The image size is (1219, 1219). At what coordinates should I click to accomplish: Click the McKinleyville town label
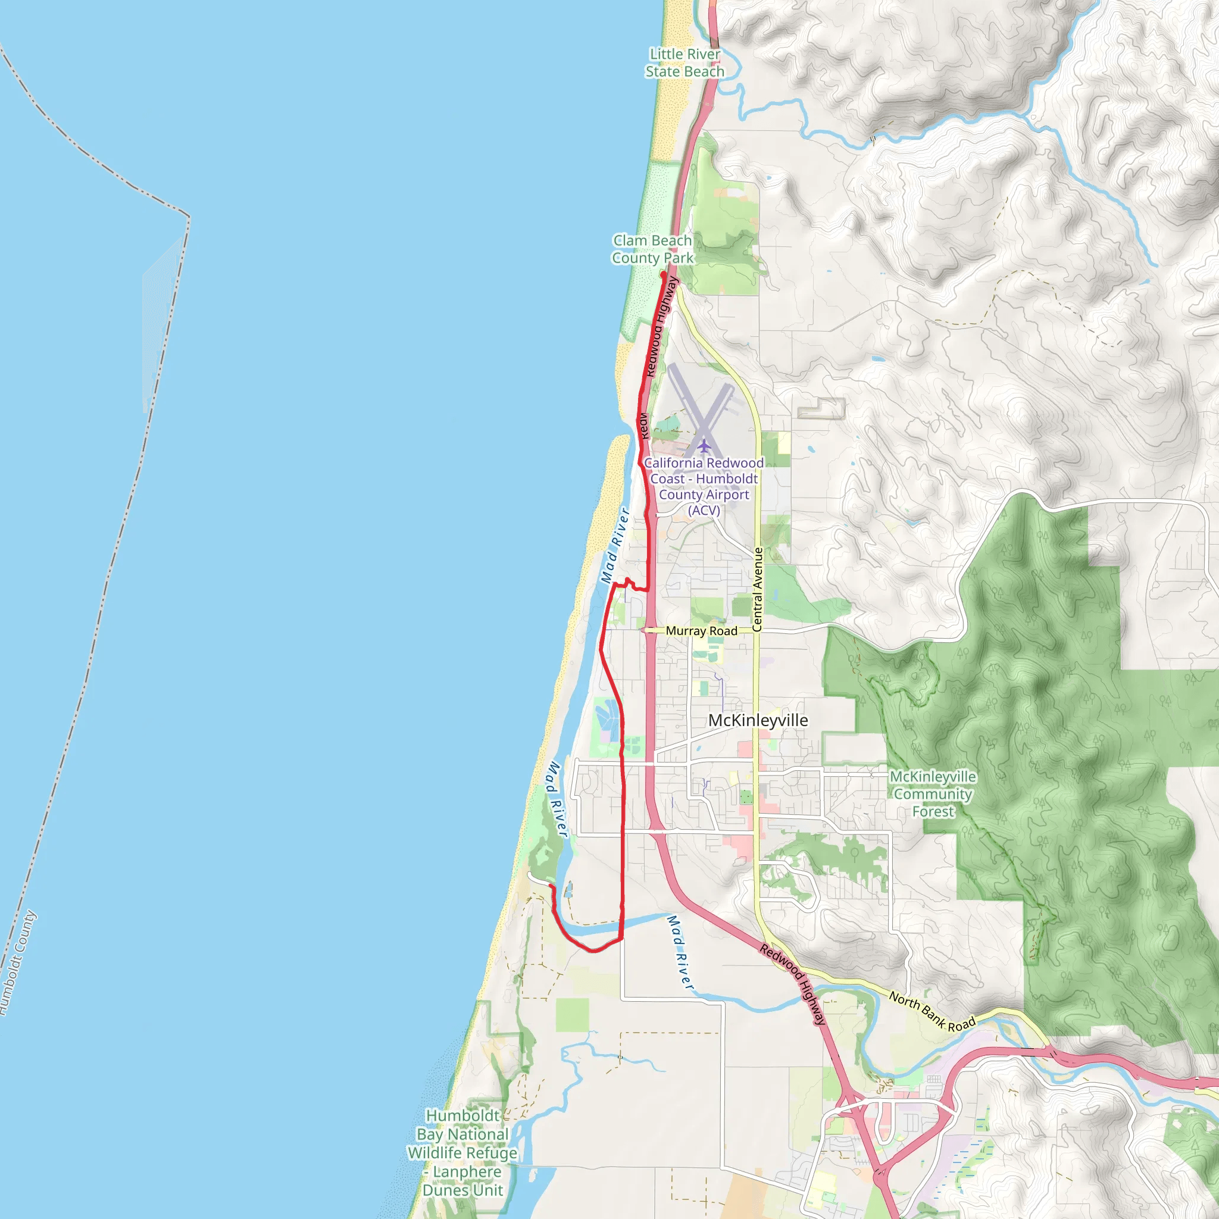pos(758,721)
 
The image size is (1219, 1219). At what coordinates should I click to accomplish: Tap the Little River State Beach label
pos(684,63)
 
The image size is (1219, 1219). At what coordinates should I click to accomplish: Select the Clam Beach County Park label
pos(652,249)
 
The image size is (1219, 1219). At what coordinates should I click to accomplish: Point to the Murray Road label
pos(701,631)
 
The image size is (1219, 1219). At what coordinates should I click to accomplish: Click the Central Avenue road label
pos(758,589)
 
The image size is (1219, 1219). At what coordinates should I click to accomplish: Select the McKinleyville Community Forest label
pos(933,794)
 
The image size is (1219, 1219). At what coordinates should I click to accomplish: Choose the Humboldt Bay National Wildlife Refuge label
pos(462,1153)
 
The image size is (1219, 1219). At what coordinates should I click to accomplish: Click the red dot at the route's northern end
pos(663,274)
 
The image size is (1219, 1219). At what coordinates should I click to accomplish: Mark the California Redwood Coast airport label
pos(704,486)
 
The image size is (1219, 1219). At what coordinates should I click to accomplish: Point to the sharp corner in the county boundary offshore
pos(189,218)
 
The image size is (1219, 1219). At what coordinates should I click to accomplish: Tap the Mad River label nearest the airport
pos(615,546)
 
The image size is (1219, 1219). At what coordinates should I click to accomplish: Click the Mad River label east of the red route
pos(680,953)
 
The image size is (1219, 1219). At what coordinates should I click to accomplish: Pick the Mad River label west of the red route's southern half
pos(557,799)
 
